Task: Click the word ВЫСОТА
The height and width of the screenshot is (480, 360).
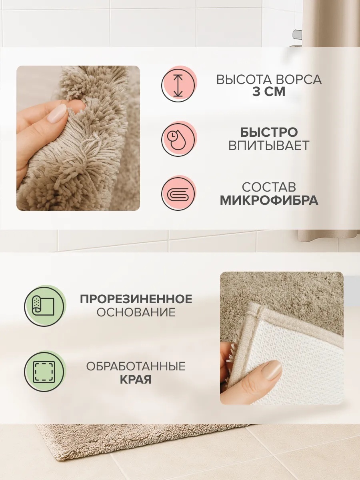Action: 242,80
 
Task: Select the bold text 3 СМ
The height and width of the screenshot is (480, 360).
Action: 269,92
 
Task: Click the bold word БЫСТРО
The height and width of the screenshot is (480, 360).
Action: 269,132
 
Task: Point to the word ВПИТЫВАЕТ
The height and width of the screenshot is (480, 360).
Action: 269,146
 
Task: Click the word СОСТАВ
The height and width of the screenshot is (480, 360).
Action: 269,187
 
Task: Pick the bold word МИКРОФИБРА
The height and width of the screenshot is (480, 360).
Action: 269,200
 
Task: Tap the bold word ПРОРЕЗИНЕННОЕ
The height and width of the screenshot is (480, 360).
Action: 136,299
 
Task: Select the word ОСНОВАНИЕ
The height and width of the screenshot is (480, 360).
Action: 136,312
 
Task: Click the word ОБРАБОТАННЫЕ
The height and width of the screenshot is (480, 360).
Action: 136,366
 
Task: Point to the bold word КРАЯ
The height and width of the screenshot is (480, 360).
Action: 136,380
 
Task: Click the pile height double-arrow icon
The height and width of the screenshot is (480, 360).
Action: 178,85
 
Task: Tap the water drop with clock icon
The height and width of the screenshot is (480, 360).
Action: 178,139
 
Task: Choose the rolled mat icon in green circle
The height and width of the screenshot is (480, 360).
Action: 44,306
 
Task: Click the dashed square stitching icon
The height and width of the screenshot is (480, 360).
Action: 44,371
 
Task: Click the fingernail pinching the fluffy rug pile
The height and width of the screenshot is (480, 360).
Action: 58,113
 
